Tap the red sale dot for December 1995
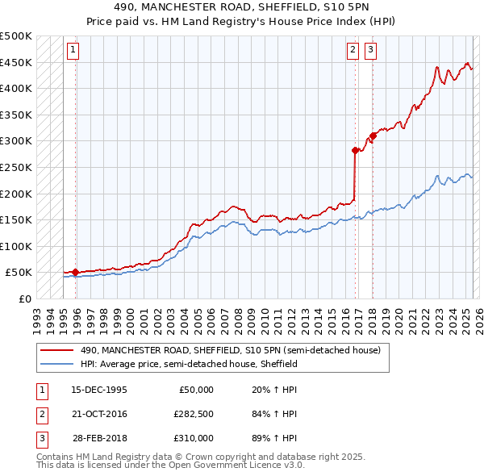[x=75, y=273]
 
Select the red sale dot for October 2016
[x=355, y=150]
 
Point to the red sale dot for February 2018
[x=373, y=136]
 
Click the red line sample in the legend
[x=56, y=350]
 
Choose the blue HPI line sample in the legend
[x=56, y=364]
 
